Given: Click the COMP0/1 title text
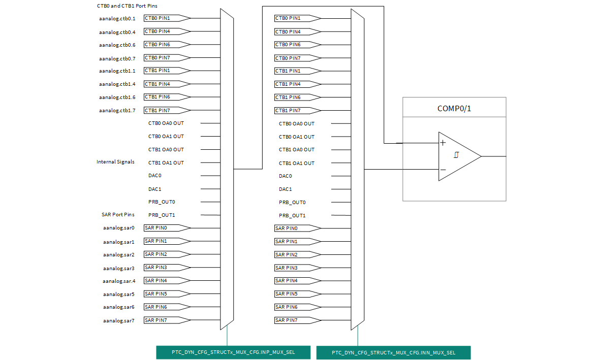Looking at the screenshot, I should pyautogui.click(x=454, y=109).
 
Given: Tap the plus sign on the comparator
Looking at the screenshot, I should pyautogui.click(x=443, y=143).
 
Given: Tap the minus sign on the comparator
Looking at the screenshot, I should pyautogui.click(x=443, y=170).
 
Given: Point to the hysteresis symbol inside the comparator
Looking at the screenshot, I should pyautogui.click(x=456, y=155).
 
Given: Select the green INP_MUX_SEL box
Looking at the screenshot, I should pyautogui.click(x=233, y=352).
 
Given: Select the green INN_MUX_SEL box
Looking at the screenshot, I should pyautogui.click(x=393, y=352).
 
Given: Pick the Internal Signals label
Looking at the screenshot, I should pyautogui.click(x=115, y=162).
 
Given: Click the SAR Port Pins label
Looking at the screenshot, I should pyautogui.click(x=118, y=215).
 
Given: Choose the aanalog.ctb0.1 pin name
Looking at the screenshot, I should pyautogui.click(x=117, y=19).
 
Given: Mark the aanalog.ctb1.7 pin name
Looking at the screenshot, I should pyautogui.click(x=117, y=111).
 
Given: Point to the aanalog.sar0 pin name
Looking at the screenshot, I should pyautogui.click(x=118, y=228).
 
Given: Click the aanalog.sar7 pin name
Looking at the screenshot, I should pyautogui.click(x=118, y=320).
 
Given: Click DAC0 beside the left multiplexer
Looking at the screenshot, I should pyautogui.click(x=154, y=176).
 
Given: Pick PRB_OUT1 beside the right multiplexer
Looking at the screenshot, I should pyautogui.click(x=292, y=215).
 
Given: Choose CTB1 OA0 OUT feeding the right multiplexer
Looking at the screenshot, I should pyautogui.click(x=297, y=150).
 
